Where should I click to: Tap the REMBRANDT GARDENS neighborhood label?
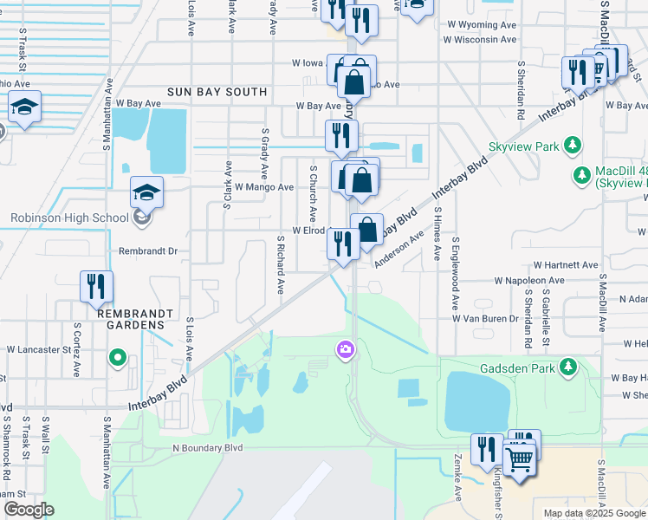point(118,318)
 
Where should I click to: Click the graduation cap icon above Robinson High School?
point(146,194)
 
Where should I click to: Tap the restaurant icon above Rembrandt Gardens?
point(96,286)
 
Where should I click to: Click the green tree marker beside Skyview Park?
point(572,146)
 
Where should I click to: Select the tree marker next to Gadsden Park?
point(568,367)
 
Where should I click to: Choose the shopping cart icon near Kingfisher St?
point(519,459)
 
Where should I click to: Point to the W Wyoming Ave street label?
point(481,26)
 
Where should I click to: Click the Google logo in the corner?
point(29,510)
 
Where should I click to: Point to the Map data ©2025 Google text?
point(593,513)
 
